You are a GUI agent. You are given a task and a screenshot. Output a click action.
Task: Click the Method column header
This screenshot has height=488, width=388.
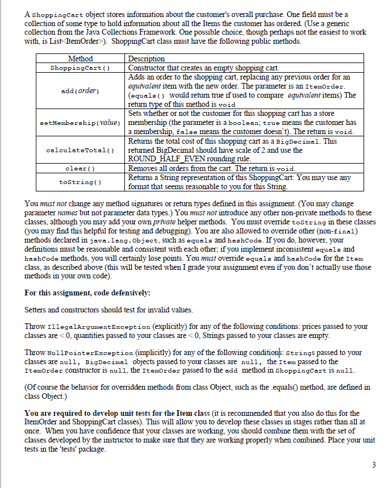pyautogui.click(x=80, y=59)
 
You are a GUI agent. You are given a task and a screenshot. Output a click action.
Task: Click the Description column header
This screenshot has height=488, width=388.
pyautogui.click(x=147, y=59)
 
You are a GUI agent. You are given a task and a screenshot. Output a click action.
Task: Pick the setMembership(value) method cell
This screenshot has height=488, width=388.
pyautogui.click(x=80, y=123)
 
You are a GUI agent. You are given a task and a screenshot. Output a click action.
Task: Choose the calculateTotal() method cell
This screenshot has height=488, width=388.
pyautogui.click(x=80, y=150)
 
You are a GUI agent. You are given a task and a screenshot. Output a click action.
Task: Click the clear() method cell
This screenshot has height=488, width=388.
pyautogui.click(x=80, y=168)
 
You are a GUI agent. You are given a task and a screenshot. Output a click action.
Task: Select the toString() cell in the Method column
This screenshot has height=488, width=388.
pyautogui.click(x=80, y=182)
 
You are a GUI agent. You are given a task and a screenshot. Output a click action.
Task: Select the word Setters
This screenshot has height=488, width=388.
pyautogui.click(x=36, y=310)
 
